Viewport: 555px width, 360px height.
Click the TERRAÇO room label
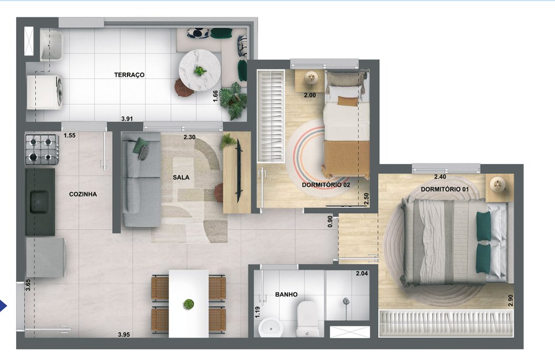129,75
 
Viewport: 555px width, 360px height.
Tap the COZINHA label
83,194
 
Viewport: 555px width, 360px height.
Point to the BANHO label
286,295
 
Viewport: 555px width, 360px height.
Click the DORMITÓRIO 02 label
326,185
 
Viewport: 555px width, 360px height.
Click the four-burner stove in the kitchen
41,149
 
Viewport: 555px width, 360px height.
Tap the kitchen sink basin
39,200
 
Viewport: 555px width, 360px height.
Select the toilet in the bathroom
306,318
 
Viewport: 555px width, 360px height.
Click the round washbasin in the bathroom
272,328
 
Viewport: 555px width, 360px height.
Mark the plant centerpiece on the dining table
188,304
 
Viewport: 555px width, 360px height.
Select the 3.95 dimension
123,334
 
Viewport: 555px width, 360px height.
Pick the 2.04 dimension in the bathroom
362,274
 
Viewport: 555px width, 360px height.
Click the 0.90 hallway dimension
330,222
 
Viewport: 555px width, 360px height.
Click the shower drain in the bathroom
346,302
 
